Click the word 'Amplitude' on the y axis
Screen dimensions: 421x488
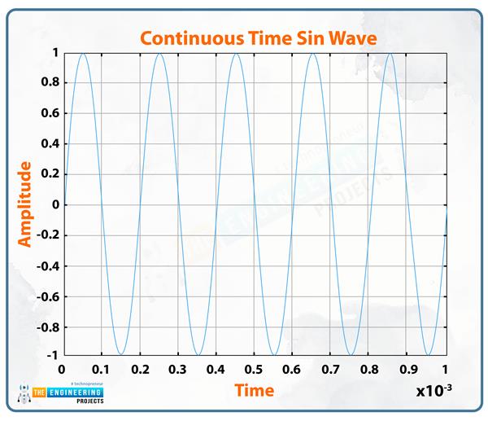coord(25,204)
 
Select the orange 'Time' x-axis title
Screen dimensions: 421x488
coord(255,390)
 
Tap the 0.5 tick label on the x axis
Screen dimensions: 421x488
coord(254,369)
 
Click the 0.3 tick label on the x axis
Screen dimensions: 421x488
coord(177,369)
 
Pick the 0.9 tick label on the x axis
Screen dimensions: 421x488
coord(407,369)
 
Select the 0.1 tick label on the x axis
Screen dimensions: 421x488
coord(100,369)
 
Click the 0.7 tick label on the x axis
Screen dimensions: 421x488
coord(331,369)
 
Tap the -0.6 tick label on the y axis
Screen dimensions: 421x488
coord(46,296)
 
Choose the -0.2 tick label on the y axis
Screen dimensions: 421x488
coord(46,235)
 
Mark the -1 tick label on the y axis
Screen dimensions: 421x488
coord(51,356)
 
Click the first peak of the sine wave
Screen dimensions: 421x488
coord(82,53)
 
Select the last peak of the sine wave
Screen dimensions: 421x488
coord(390,53)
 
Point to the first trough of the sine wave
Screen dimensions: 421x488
coord(120,355)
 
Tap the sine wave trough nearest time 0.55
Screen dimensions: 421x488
coord(274,355)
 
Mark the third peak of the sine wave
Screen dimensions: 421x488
coord(236,53)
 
